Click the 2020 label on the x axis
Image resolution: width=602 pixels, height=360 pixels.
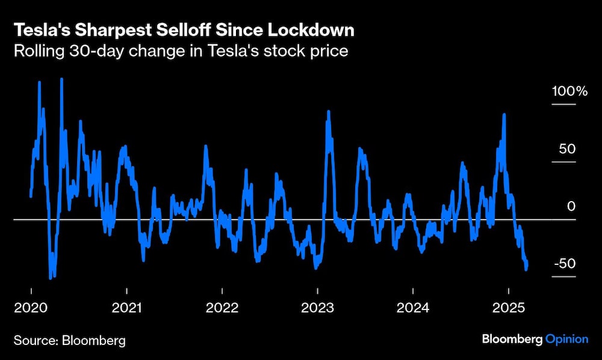pos(31,308)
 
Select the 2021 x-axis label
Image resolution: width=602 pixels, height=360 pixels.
pos(126,308)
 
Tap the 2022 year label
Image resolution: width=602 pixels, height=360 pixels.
pos(222,308)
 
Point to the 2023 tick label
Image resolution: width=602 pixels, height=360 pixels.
pos(317,308)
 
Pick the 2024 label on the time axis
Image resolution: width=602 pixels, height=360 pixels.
pos(413,308)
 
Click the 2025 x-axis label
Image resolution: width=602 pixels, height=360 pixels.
pos(508,308)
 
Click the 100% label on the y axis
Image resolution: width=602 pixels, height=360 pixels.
pos(569,92)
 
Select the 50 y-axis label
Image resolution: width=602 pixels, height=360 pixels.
pos(567,149)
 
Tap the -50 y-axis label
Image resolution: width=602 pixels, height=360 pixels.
pos(564,264)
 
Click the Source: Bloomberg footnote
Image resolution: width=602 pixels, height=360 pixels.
pos(70,340)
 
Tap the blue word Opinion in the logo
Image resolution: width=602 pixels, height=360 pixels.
pos(566,340)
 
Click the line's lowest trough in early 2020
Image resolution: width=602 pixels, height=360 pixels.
pos(51,278)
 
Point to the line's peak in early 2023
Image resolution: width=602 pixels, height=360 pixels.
pos(328,111)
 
